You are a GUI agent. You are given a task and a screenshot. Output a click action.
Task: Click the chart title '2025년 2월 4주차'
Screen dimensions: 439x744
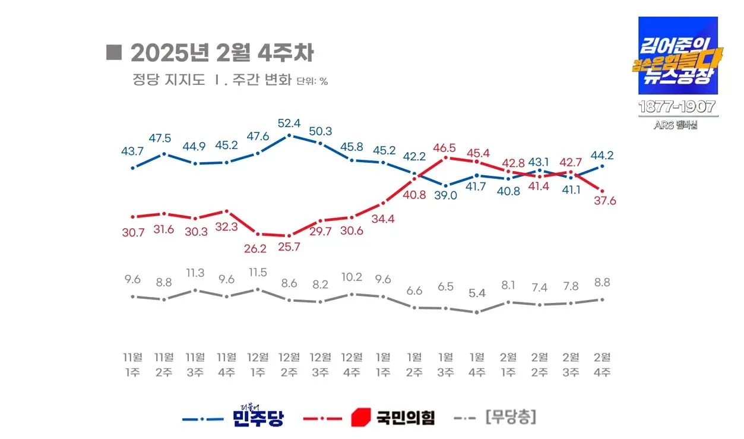pyautogui.click(x=221, y=53)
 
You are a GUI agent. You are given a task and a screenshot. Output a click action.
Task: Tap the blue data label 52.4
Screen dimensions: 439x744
pyautogui.click(x=289, y=124)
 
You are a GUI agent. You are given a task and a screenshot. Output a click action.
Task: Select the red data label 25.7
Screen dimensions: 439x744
pyautogui.click(x=289, y=247)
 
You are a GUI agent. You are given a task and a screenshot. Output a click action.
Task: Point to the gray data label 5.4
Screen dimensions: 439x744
pyautogui.click(x=477, y=292)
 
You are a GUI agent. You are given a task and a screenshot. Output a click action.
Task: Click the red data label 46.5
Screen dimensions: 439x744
pyautogui.click(x=445, y=147)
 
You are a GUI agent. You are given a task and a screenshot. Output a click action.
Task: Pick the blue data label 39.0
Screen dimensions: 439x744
pyautogui.click(x=445, y=195)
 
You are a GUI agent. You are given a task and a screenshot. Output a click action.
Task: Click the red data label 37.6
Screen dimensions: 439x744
pyautogui.click(x=604, y=201)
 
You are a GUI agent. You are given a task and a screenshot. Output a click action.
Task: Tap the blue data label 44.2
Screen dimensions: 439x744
pyautogui.click(x=602, y=156)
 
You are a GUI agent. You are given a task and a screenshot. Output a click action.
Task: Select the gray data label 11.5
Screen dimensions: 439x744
pyautogui.click(x=257, y=273)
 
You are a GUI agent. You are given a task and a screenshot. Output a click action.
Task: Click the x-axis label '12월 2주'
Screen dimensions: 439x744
pyautogui.click(x=289, y=365)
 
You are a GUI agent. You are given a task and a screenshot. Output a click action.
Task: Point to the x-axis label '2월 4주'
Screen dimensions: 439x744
pyautogui.click(x=602, y=365)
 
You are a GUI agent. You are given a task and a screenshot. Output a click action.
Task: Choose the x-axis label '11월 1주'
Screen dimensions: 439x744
pyautogui.click(x=132, y=365)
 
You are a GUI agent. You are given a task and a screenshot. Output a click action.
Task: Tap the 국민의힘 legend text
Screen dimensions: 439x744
pyautogui.click(x=405, y=418)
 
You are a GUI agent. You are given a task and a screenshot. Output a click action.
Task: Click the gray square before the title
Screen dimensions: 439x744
pyautogui.click(x=113, y=52)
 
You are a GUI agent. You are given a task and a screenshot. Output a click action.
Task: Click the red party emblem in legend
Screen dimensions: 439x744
pyautogui.click(x=360, y=418)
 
